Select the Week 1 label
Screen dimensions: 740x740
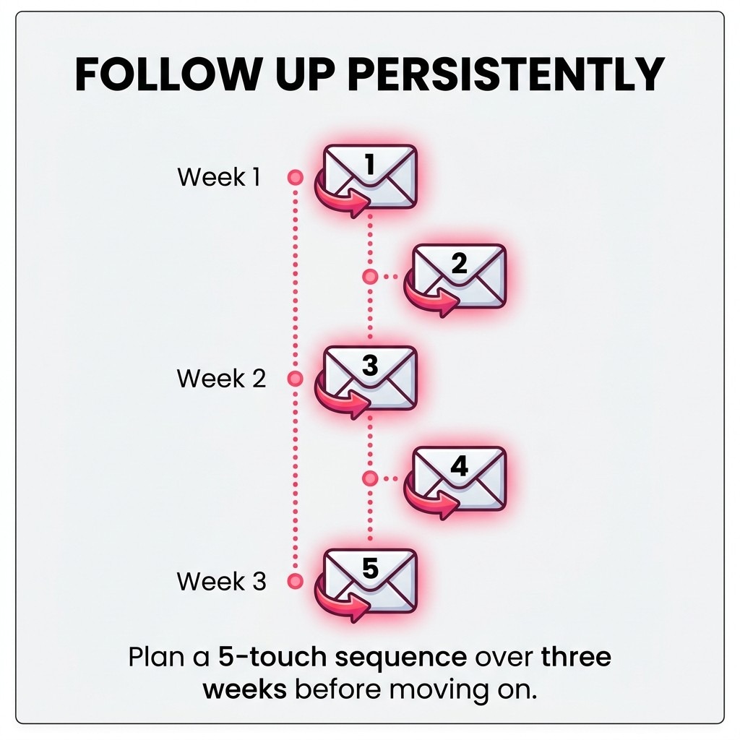point(218,177)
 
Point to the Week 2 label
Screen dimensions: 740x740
point(221,378)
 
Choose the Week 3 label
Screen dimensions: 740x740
point(221,581)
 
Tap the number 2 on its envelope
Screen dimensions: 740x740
point(460,264)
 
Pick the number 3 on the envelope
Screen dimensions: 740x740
point(369,366)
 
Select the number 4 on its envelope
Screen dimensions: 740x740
point(460,466)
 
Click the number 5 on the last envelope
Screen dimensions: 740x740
point(369,569)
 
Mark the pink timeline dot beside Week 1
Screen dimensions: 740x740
point(294,177)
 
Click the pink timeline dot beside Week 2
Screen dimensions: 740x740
point(294,378)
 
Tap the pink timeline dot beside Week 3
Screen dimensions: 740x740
point(294,580)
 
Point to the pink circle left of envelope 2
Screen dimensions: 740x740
point(370,276)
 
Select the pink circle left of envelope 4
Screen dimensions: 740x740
point(370,478)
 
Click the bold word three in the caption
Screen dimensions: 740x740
point(575,658)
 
